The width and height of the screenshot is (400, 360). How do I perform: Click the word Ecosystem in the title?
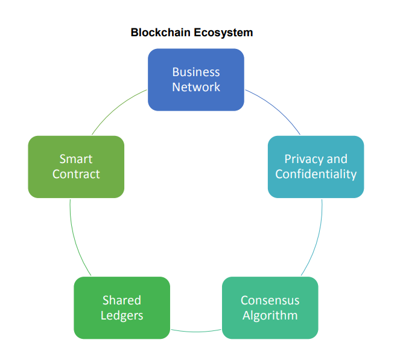224,33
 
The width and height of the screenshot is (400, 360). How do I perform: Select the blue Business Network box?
196,80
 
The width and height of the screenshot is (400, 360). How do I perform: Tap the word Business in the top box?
196,72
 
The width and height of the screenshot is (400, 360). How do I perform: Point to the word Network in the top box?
196,87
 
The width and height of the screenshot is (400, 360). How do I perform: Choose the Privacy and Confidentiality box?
316,167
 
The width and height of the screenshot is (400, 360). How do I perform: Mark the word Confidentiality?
316,175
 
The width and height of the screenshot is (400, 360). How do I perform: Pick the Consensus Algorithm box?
270,307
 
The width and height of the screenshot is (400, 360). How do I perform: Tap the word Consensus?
270,300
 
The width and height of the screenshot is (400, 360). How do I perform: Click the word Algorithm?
270,315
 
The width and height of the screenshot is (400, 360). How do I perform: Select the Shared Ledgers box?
121,307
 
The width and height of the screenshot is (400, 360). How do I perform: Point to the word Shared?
121,300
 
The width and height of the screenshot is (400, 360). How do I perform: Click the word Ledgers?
121,315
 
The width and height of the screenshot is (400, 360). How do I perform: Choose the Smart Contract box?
76,167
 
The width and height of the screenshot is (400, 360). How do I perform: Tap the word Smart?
76,159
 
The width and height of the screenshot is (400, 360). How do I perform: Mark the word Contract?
76,175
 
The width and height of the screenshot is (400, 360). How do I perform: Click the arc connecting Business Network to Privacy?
275,109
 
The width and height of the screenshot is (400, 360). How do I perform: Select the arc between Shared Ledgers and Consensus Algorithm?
196,331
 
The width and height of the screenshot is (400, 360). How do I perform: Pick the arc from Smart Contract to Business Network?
117,109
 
